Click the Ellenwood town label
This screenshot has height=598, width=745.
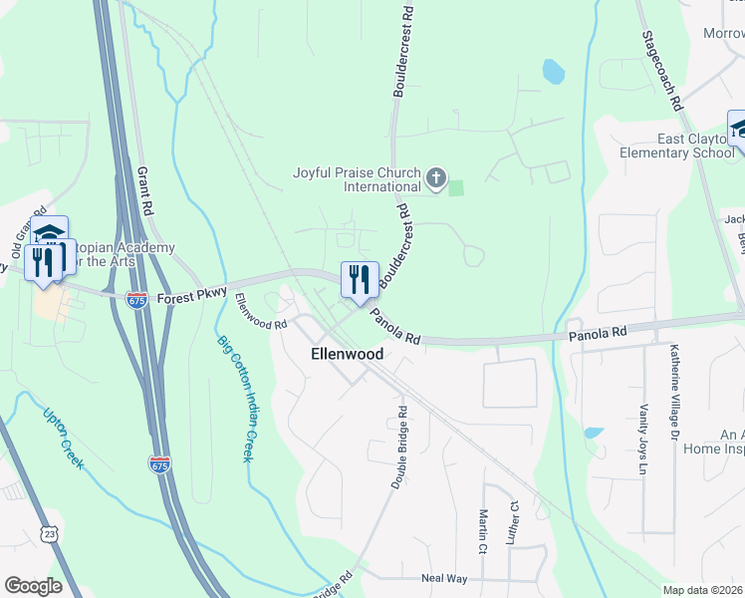[347, 354]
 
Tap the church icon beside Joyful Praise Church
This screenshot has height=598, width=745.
[435, 178]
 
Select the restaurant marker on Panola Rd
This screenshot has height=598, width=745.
[360, 279]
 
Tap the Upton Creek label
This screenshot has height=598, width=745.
[64, 440]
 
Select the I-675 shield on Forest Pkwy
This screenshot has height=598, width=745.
[138, 299]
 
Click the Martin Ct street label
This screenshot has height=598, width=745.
[482, 531]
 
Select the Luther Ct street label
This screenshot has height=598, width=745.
[515, 523]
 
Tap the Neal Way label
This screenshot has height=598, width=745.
[444, 578]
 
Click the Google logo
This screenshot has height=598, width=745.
[33, 586]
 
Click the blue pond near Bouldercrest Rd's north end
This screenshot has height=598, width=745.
[553, 71]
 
